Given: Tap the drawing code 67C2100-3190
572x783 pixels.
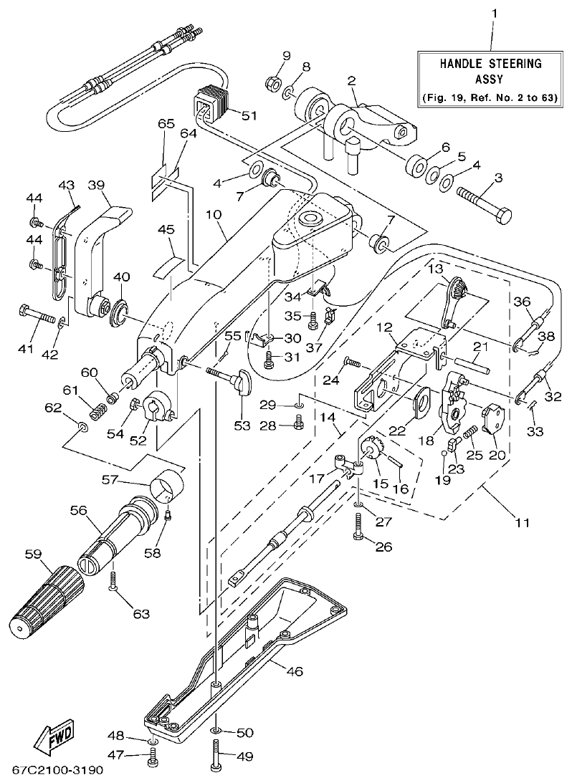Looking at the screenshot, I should pos(58,772).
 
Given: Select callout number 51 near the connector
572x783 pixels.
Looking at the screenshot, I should pos(249,115).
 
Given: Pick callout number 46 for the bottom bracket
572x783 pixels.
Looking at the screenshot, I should pos(295,671).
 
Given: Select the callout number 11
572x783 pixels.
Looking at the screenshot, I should pos(522,523).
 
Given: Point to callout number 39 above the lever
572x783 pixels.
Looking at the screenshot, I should pos(97,185).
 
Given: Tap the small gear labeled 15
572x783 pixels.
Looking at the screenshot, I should pos(371,451).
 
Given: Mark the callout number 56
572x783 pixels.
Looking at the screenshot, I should pos(78,510).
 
